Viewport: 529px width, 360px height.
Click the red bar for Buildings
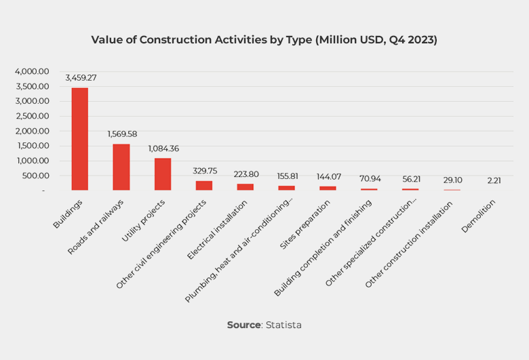[80, 139]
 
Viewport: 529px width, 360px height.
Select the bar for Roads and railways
[121, 167]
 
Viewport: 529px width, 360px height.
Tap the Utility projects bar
[163, 174]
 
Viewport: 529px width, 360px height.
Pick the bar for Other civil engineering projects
[203, 185]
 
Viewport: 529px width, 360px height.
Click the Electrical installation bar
[245, 186]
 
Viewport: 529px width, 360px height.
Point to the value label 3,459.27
[81, 77]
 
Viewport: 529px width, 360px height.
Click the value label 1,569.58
[122, 134]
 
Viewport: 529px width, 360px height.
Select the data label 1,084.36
[163, 148]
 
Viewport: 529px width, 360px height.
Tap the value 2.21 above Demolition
[493, 180]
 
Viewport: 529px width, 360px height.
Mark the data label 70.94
[370, 179]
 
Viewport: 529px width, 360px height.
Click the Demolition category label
[479, 216]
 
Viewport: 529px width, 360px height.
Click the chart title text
[264, 40]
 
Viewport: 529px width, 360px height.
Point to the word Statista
[283, 325]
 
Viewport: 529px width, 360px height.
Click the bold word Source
[243, 325]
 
